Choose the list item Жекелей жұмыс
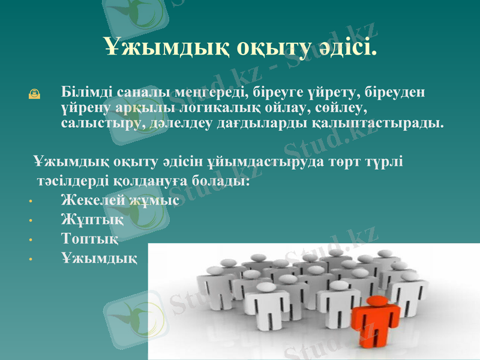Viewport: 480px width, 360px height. [120, 201]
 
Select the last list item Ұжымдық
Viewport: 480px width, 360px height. [99, 258]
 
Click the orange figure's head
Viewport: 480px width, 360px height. [376, 301]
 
